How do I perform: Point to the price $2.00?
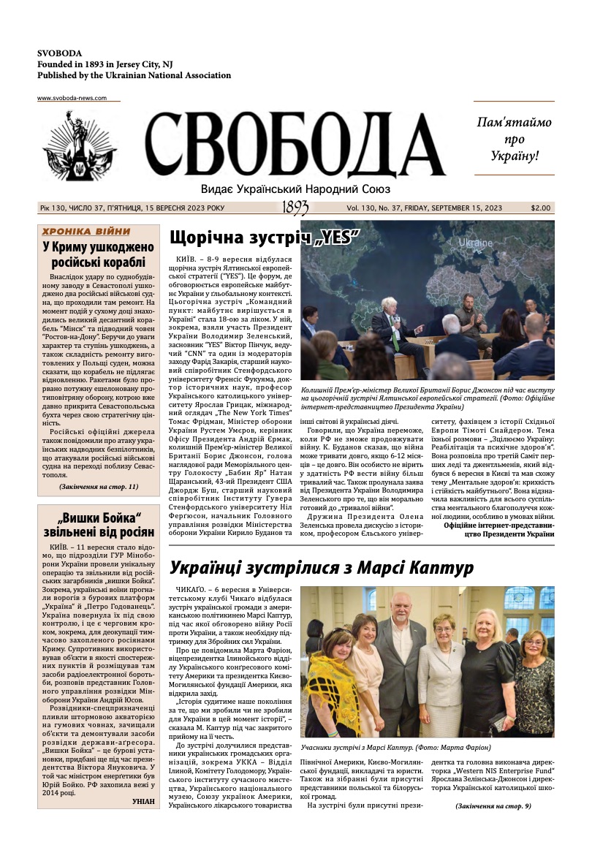[x=542, y=208]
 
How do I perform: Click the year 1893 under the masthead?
[x=295, y=208]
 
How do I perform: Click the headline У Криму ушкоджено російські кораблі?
[x=98, y=254]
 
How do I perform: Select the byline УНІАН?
[x=143, y=801]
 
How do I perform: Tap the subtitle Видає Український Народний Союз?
[x=295, y=189]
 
